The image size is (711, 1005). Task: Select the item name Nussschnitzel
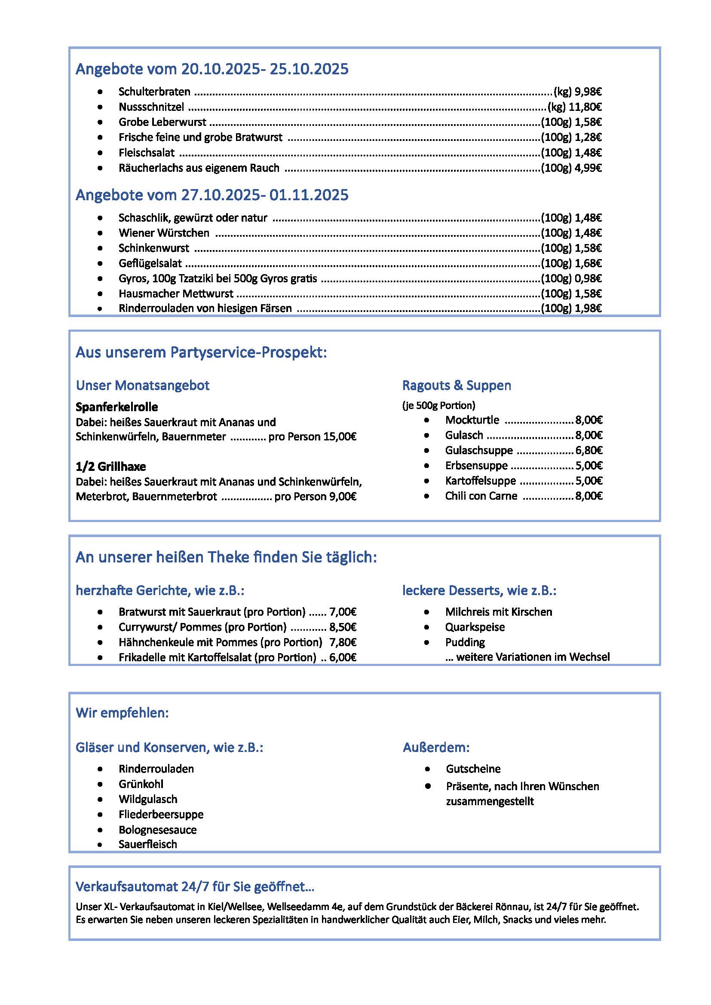[x=151, y=107]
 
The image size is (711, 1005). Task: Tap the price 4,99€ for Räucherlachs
[x=588, y=168]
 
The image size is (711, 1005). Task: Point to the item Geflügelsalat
[x=150, y=263]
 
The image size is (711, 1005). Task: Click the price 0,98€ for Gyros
[x=588, y=278]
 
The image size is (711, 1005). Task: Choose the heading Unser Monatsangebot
[x=142, y=385]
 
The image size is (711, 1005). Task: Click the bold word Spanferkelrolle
[x=116, y=407]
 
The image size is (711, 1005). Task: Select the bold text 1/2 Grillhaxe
[x=111, y=467]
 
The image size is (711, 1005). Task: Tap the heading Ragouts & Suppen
[x=456, y=385]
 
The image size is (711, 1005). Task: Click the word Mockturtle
[x=472, y=420]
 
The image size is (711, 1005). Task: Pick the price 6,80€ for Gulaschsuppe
[x=589, y=450]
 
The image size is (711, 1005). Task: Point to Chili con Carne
[x=481, y=496]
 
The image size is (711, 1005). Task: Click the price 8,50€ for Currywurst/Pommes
[x=343, y=627]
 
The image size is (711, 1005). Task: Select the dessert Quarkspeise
[x=475, y=627]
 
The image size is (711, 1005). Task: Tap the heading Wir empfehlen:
[x=122, y=713]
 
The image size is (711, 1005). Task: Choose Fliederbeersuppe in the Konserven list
[x=161, y=815]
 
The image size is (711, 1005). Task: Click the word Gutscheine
[x=473, y=769]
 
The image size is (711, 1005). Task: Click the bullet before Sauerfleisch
[x=100, y=845]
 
